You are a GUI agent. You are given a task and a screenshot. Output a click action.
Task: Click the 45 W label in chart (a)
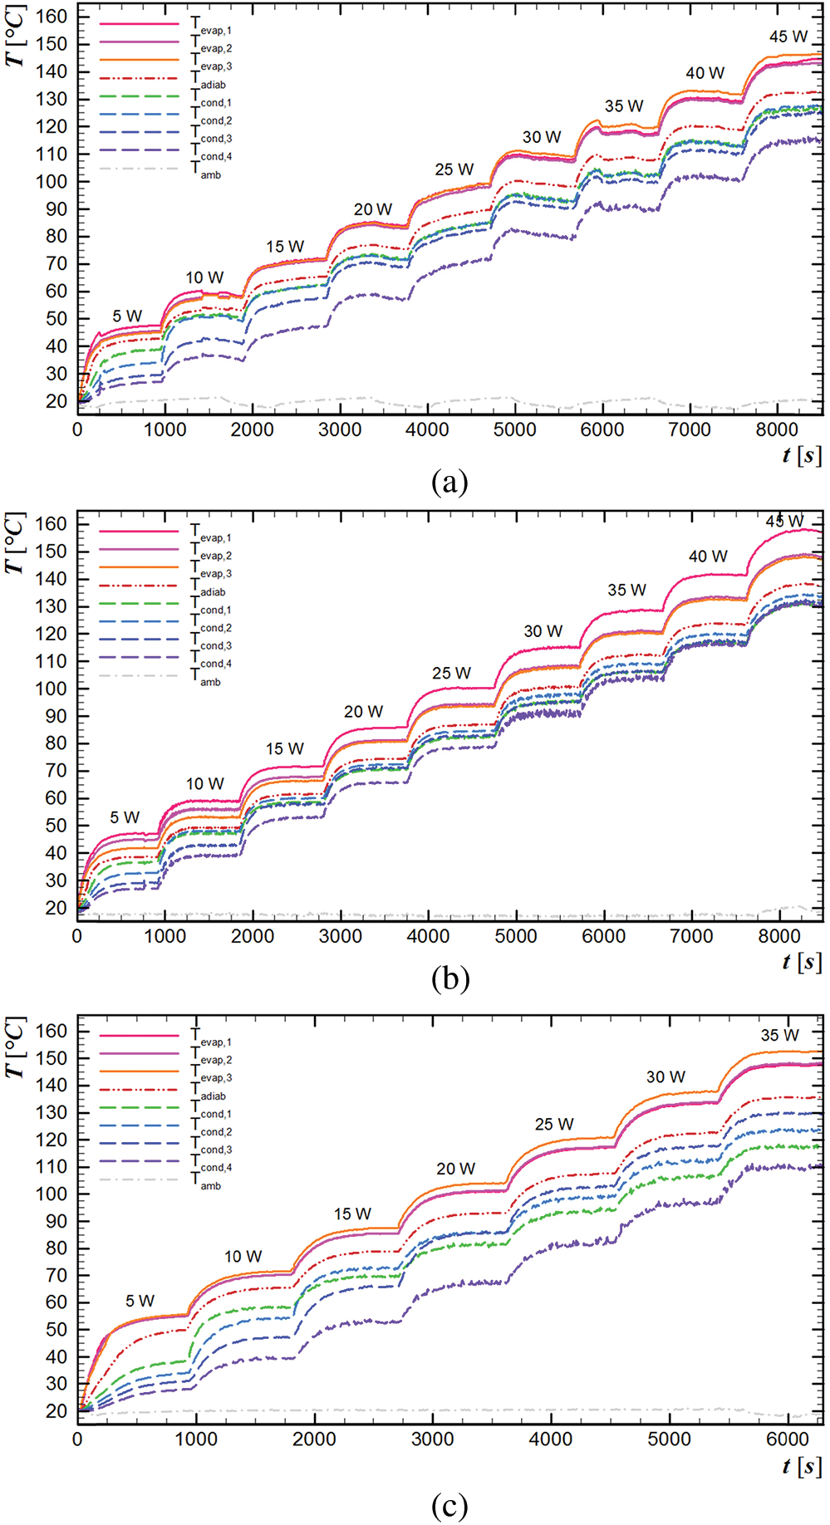[788, 37]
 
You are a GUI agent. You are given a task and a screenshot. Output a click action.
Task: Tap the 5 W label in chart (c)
[140, 1301]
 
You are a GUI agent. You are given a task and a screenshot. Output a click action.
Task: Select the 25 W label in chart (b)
[451, 673]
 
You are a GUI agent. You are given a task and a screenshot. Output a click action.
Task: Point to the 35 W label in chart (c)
[779, 1035]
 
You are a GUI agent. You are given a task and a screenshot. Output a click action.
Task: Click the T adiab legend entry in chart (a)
[209, 81]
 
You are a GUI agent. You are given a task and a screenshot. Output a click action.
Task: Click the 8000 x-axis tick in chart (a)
[777, 429]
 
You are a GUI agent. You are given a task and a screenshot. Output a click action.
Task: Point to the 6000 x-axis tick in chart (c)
[787, 1439]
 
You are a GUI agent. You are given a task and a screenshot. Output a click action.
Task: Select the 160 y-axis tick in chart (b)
[51, 524]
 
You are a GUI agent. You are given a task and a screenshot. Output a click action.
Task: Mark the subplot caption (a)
[449, 481]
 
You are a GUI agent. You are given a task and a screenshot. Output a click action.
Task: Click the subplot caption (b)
[449, 978]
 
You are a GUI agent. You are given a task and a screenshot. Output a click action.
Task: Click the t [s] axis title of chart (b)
[801, 962]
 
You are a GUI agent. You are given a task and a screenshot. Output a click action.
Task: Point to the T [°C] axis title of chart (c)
[15, 1048]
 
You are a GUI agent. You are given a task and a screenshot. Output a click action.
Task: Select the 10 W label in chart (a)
[204, 277]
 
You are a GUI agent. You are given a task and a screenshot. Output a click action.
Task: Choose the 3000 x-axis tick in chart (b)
[341, 936]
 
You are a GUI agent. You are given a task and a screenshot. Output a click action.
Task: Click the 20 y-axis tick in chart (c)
[56, 1411]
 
